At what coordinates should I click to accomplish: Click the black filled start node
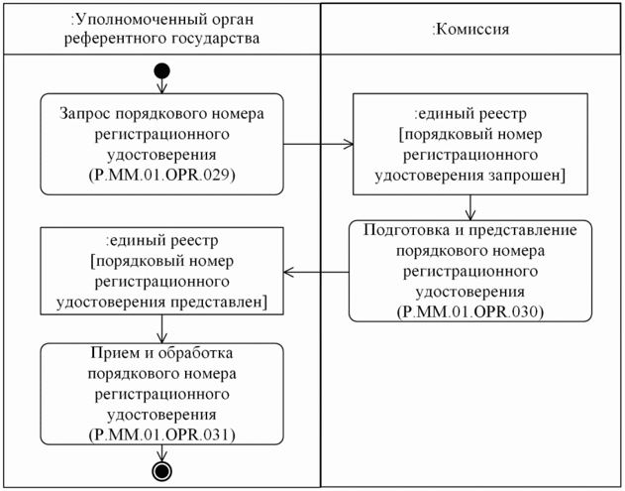click(161, 72)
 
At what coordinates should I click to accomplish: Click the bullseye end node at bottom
click(161, 470)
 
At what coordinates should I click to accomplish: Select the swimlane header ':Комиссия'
click(471, 29)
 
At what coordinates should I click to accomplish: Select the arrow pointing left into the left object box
click(317, 270)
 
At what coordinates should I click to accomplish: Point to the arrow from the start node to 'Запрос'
click(161, 86)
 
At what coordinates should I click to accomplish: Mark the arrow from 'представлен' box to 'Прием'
click(161, 328)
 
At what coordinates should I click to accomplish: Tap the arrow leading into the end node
click(161, 452)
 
